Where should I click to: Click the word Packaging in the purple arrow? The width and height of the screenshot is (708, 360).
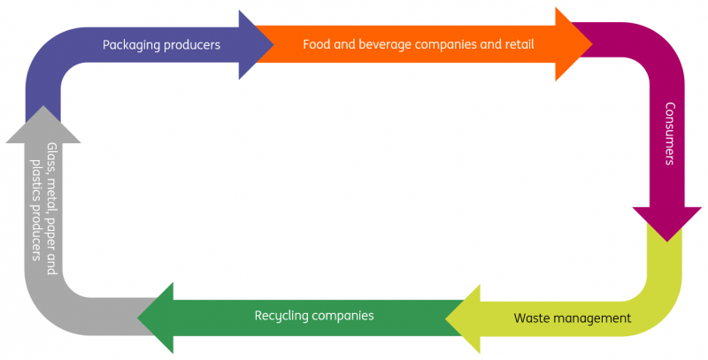pos(129,44)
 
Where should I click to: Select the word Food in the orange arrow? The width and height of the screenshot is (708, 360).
pos(316,43)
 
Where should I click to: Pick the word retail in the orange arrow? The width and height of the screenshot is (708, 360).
pos(516,43)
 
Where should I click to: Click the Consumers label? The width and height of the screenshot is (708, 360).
pos(670,134)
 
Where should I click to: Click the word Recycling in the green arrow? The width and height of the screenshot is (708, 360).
pos(282,315)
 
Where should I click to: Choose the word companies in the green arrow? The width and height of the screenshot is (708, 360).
pos(344,315)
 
